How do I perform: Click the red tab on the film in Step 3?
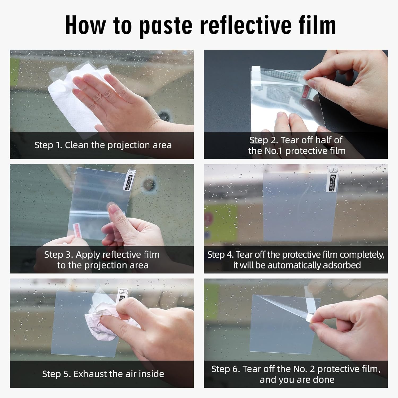pos(77,229)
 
